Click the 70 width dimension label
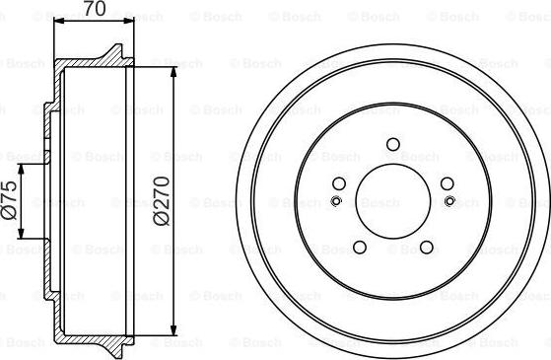coord(94,10)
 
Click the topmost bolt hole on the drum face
coord(393,145)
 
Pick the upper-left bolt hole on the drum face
coord(340,183)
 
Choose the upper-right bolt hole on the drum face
coord(447,183)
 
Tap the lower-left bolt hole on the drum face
coord(360,247)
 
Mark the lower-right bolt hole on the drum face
coord(426,247)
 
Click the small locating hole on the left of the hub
coord(336,202)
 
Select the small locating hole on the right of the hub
coord(449,202)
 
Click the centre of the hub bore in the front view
coord(393,201)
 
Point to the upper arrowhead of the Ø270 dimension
coord(173,70)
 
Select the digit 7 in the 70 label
coord(88,10)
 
